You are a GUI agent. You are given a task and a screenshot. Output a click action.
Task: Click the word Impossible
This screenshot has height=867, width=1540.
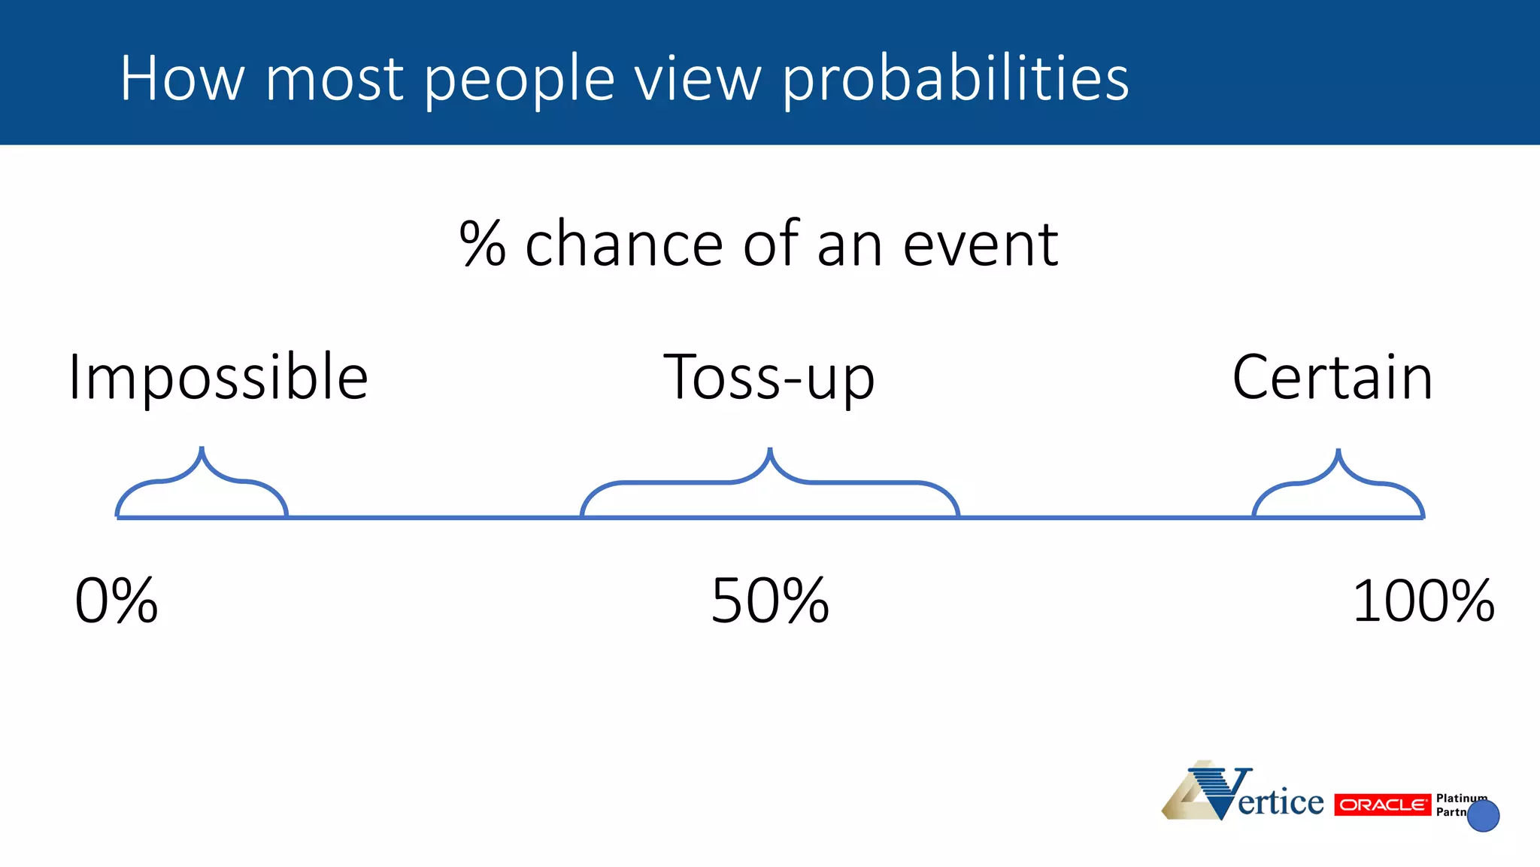pos(218,378)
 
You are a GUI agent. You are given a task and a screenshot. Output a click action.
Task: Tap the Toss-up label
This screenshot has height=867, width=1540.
pos(768,378)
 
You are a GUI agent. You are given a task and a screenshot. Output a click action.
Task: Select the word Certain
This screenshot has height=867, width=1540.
pos(1332,378)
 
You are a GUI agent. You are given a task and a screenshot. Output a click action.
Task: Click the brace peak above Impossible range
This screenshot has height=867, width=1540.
pos(202,449)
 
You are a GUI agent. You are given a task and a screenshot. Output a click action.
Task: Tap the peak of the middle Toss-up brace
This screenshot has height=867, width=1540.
pos(770,450)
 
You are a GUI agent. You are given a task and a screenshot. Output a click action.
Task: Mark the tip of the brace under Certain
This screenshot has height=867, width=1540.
pos(1338,452)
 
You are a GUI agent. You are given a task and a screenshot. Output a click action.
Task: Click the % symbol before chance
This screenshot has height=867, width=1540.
pos(482,244)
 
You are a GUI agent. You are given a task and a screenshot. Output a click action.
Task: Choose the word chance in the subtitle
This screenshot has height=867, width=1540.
pos(623,244)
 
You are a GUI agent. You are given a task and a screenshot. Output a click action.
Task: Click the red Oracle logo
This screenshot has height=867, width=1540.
pos(1382,805)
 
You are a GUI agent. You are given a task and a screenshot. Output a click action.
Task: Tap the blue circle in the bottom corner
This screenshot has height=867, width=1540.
pos(1483,816)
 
